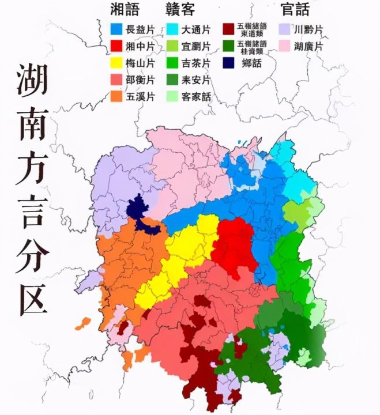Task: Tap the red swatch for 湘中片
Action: coord(115,46)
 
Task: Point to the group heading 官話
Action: coord(295,10)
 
